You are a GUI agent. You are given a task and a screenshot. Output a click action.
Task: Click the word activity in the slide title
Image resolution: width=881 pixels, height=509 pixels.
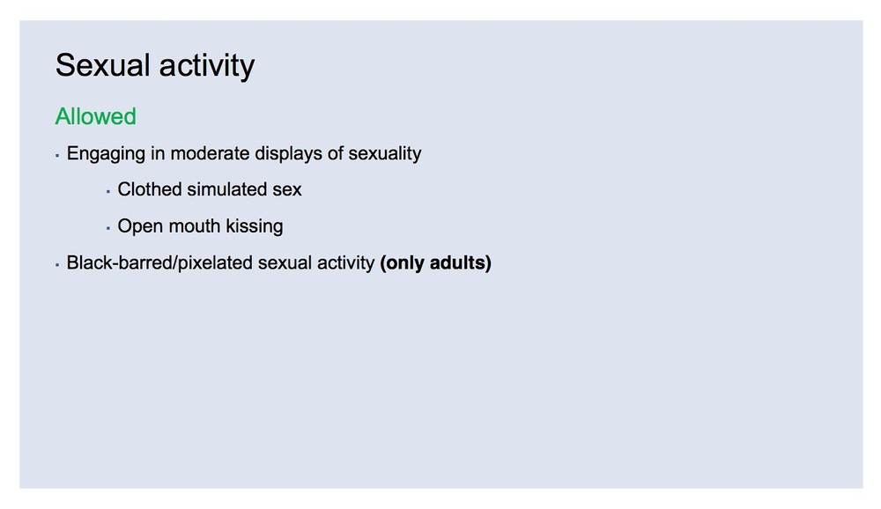[x=207, y=66]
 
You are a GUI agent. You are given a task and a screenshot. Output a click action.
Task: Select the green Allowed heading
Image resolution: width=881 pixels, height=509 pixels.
[x=95, y=116]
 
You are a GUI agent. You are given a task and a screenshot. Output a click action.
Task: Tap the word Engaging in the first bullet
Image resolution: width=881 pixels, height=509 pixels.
[x=106, y=154]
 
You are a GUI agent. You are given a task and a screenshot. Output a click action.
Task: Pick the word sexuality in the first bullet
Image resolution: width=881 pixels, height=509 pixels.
[x=385, y=154]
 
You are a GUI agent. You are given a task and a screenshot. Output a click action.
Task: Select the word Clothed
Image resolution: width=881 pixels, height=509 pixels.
[x=149, y=189]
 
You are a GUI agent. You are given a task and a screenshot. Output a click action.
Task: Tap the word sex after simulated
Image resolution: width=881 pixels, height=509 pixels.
[x=287, y=190]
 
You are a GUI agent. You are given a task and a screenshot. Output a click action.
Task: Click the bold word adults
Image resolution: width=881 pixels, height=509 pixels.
[x=457, y=263]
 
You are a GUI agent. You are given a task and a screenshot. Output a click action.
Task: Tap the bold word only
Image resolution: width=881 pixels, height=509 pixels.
[x=404, y=263]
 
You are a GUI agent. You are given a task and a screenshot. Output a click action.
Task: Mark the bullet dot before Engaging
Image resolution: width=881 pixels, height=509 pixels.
[x=57, y=156]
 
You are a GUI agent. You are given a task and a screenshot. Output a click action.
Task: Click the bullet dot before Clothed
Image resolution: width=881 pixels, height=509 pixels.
[x=107, y=192]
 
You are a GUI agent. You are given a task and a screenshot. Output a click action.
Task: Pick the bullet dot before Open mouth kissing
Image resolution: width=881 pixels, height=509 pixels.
[x=107, y=228]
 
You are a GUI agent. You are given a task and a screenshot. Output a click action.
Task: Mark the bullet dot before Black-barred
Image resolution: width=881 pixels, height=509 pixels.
[x=57, y=264]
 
